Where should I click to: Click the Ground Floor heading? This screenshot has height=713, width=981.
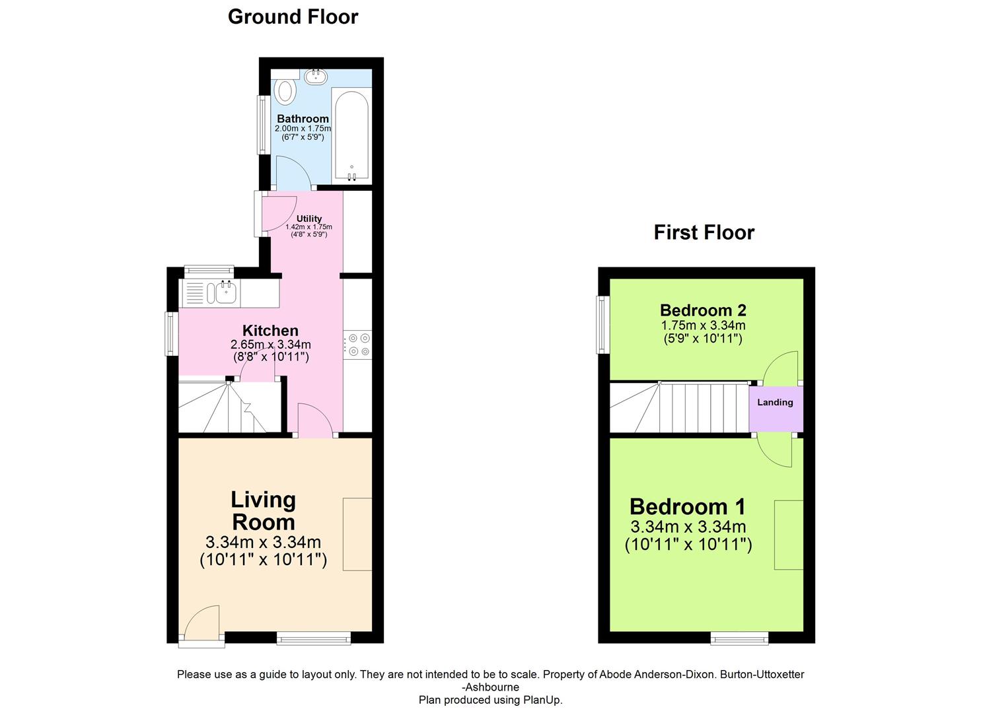click(x=293, y=17)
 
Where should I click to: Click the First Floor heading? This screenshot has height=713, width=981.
click(x=704, y=232)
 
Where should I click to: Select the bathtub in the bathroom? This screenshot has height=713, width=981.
click(x=351, y=135)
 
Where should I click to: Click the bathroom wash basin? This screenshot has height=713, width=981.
click(x=316, y=77)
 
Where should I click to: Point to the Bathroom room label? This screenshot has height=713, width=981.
click(x=303, y=119)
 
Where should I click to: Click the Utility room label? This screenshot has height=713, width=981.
click(x=309, y=219)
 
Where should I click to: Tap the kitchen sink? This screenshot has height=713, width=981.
click(x=225, y=292)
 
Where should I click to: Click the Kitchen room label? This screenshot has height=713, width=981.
click(x=270, y=330)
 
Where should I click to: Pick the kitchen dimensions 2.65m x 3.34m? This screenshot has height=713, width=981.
click(x=270, y=345)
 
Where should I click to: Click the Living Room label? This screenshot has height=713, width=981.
click(x=263, y=511)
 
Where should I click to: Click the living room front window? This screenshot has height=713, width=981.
click(x=314, y=637)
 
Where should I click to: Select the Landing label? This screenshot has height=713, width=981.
click(x=775, y=402)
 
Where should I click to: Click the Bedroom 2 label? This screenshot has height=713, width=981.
click(x=703, y=310)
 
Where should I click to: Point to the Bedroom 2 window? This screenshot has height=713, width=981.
click(x=602, y=324)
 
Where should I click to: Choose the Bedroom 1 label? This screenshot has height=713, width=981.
click(x=687, y=506)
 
